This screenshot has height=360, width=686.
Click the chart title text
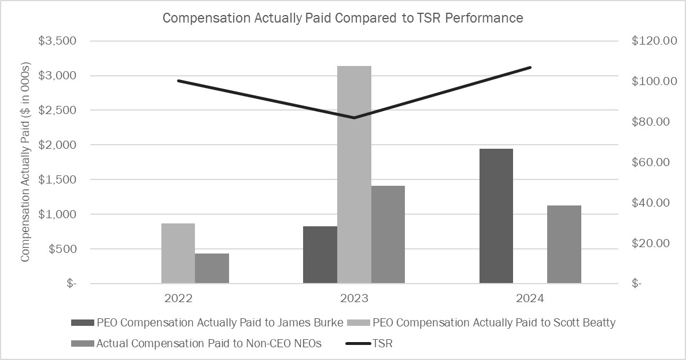click(342, 18)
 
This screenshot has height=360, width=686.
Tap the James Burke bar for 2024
click(496, 216)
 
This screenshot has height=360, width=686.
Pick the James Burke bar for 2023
click(320, 255)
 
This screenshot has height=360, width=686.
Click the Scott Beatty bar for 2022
click(178, 253)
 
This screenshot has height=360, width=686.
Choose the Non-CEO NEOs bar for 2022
click(212, 268)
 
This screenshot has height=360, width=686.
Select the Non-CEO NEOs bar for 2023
click(388, 234)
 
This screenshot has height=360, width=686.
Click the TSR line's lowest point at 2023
click(354, 117)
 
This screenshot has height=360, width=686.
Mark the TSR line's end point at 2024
click(530, 67)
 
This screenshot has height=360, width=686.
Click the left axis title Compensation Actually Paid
click(25, 163)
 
